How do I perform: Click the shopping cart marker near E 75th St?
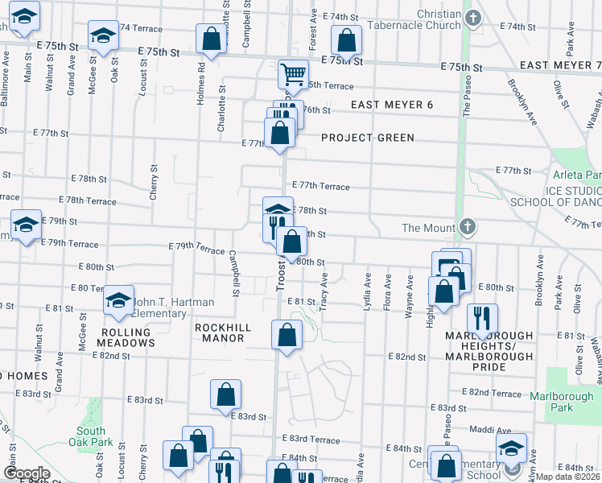click(294, 75)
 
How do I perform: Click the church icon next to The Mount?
click(466, 227)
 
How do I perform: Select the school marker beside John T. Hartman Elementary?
click(118, 300)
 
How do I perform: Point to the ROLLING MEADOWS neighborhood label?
click(126, 337)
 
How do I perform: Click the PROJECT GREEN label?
click(368, 138)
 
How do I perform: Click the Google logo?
click(27, 473)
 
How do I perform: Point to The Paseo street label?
click(464, 89)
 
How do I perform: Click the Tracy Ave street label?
click(324, 290)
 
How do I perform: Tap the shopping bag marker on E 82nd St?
click(287, 335)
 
